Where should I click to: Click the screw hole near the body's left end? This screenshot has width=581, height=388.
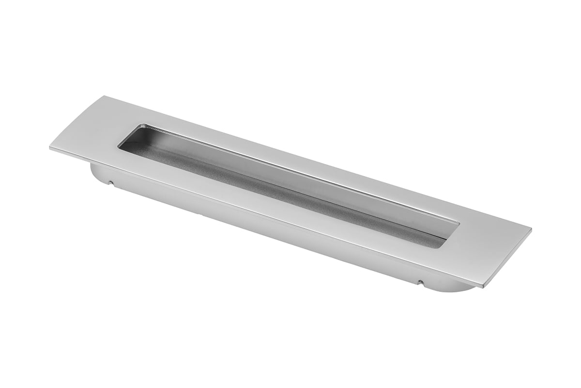[111, 183]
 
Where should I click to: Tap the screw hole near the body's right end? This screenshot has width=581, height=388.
[420, 281]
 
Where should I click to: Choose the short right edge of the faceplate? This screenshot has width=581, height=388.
[507, 258]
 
